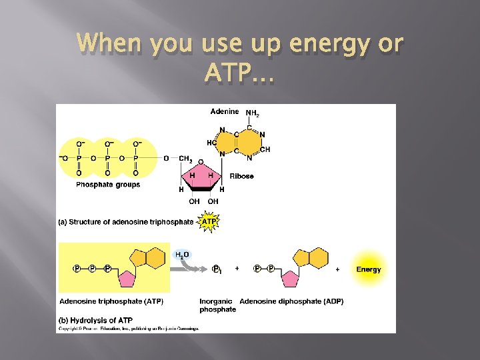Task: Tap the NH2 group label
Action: click(253, 113)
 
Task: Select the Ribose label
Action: click(241, 177)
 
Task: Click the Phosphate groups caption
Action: click(108, 185)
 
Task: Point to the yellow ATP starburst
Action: click(209, 221)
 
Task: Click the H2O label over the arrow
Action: click(182, 255)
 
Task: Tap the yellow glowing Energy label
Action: click(369, 269)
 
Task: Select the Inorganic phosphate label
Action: click(217, 305)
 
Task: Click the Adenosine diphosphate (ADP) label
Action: click(291, 301)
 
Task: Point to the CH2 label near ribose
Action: click(186, 158)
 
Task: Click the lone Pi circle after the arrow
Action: click(216, 269)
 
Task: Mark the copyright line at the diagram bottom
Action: click(129, 328)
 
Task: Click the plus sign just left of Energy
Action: click(338, 269)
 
